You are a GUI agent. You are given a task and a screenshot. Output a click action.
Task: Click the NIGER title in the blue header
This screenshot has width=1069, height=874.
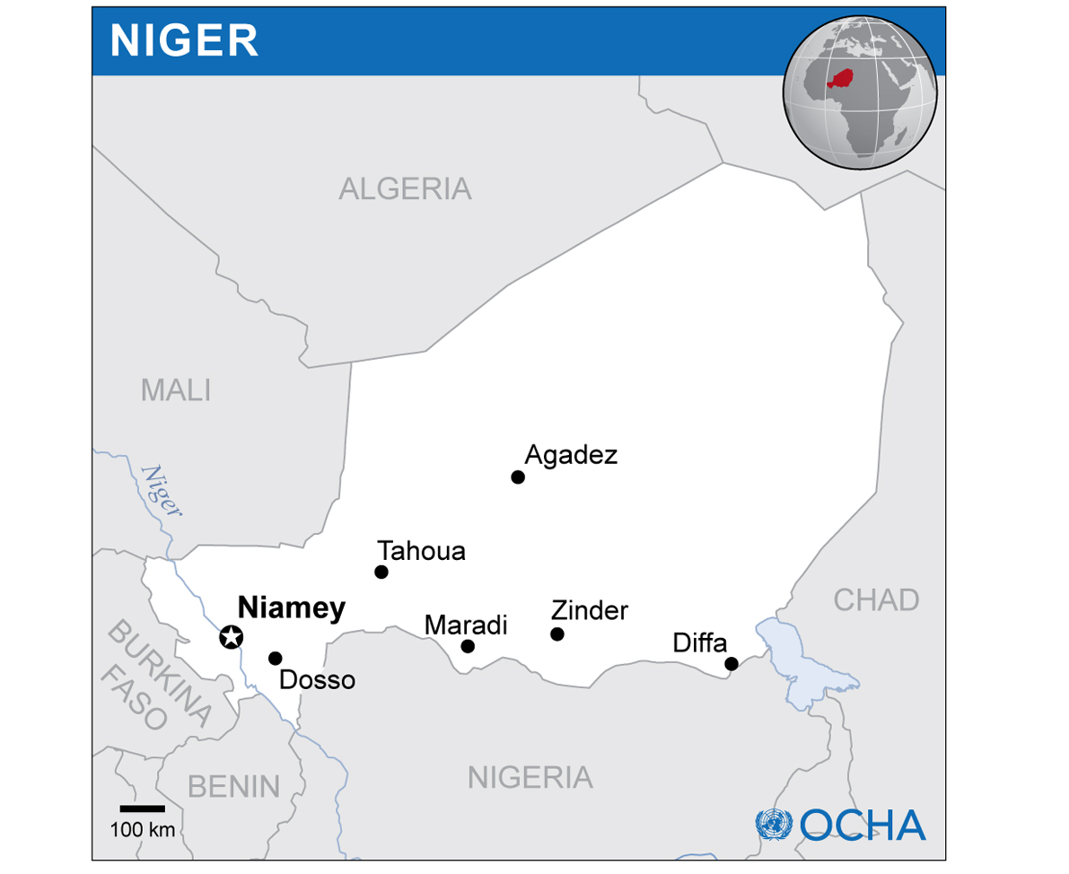pyautogui.click(x=184, y=40)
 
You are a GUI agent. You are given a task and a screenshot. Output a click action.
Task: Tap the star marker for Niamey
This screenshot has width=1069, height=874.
pyautogui.click(x=232, y=637)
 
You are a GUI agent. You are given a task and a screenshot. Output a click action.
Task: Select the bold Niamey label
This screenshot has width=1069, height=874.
pyautogui.click(x=291, y=608)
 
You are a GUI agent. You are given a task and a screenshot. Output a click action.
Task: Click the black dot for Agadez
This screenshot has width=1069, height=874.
pyautogui.click(x=518, y=476)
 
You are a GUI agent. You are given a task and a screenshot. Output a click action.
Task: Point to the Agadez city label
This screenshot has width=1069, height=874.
pyautogui.click(x=571, y=455)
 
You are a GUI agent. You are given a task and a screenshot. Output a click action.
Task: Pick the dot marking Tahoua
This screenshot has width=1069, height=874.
pyautogui.click(x=381, y=572)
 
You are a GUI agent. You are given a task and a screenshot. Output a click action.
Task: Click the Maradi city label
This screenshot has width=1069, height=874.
pyautogui.click(x=466, y=625)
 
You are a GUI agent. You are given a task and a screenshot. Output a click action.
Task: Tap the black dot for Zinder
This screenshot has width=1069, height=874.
pyautogui.click(x=557, y=634)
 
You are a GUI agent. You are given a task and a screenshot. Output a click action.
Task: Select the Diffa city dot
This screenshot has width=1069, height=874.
pyautogui.click(x=732, y=664)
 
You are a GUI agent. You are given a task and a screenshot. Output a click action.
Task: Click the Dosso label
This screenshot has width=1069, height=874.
pyautogui.click(x=317, y=680)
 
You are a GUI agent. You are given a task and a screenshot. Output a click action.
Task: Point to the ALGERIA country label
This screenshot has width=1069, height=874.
pyautogui.click(x=405, y=189)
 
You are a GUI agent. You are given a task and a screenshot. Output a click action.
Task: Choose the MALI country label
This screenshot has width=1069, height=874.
pyautogui.click(x=176, y=390)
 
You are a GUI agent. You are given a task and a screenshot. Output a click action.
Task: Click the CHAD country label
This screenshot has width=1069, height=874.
pyautogui.click(x=876, y=599)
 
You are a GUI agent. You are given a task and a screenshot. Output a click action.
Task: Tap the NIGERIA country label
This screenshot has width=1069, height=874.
pyautogui.click(x=530, y=777)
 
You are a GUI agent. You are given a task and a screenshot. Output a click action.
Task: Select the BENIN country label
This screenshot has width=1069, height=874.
pyautogui.click(x=233, y=786)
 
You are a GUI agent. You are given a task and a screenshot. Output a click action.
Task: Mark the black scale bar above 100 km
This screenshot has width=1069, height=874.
pyautogui.click(x=142, y=808)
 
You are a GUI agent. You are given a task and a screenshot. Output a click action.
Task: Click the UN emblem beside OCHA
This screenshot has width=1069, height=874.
pyautogui.click(x=774, y=824)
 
